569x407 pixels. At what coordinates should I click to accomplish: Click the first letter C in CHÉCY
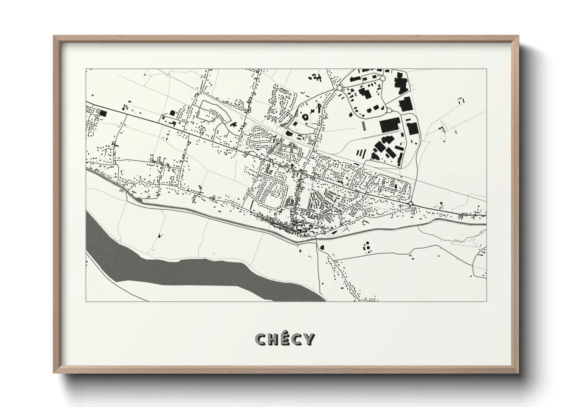261,339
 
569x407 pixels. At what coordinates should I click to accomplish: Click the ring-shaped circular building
306,116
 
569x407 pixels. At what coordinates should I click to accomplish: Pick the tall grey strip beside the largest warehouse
364,125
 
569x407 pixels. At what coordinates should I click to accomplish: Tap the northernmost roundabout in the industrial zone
382,78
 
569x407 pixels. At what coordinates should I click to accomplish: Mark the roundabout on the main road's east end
411,203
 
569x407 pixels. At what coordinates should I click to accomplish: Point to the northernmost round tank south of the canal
367,243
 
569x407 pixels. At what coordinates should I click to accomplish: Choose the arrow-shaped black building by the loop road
233,124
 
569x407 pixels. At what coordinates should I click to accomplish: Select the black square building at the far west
103,113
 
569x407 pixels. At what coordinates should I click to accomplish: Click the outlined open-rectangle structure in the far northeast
461,101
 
